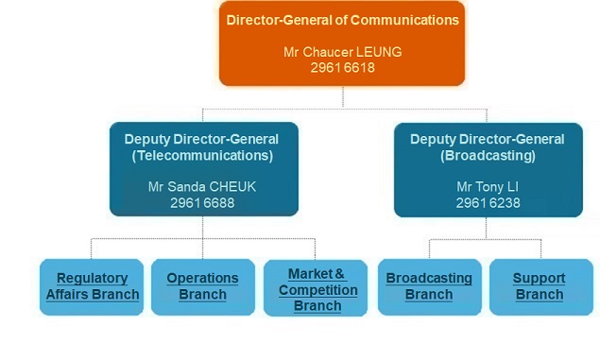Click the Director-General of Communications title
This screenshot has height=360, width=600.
[343, 19]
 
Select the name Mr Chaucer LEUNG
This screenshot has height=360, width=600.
[343, 52]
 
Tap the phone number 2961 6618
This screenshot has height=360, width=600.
[343, 68]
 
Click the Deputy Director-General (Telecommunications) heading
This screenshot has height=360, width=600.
[202, 146]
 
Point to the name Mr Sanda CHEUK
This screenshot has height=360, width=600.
[202, 186]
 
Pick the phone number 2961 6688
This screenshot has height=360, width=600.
[202, 202]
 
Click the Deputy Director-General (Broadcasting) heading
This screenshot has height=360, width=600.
[487, 146]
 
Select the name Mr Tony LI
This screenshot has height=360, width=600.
[487, 186]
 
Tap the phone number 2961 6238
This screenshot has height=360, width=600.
[487, 202]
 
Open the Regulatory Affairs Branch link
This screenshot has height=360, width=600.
[93, 286]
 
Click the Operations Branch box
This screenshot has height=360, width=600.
[202, 286]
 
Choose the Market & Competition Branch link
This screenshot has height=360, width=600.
[317, 289]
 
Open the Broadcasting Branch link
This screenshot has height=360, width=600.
[429, 286]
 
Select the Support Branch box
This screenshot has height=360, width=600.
[539, 286]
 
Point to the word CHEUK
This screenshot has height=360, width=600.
[231, 186]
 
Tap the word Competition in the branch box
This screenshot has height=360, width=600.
[317, 290]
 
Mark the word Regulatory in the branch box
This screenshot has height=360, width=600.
[93, 279]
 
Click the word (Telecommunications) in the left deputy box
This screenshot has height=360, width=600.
[202, 155]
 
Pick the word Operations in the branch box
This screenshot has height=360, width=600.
[202, 279]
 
